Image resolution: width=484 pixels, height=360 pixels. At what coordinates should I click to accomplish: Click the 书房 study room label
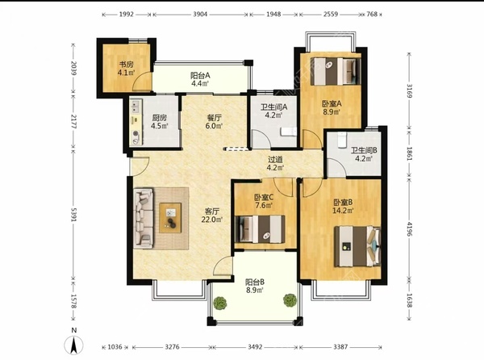[x=127, y=65]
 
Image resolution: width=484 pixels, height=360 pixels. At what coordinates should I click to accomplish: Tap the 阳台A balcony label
[x=200, y=75]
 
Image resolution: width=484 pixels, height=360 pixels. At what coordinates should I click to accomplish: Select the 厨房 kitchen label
[x=159, y=118]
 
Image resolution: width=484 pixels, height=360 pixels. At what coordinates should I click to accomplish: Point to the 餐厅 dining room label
[x=215, y=118]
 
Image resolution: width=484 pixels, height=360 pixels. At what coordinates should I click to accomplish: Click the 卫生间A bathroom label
[x=273, y=107]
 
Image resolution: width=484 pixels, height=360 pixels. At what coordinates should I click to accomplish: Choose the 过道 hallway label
[x=275, y=160]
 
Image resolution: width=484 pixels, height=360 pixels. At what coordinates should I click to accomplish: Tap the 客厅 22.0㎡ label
[x=212, y=216]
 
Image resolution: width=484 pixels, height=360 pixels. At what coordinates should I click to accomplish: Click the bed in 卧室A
[x=336, y=71]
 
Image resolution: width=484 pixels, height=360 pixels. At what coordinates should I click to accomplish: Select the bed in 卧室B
[x=357, y=246]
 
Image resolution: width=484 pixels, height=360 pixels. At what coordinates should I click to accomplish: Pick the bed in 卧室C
[x=260, y=228]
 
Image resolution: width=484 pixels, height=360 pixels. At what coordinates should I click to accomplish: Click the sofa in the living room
[x=144, y=219]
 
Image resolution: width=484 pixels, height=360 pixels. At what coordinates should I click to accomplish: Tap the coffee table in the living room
[x=170, y=218]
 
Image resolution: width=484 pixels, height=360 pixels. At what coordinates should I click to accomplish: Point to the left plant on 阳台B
[x=220, y=303]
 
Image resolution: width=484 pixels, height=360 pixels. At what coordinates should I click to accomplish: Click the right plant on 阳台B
[x=290, y=300]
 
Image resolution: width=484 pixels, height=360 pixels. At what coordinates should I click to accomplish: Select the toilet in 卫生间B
[x=341, y=140]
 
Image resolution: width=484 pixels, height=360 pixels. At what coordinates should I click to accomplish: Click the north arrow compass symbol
[x=73, y=345]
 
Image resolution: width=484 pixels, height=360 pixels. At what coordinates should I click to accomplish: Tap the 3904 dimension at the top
[x=200, y=15]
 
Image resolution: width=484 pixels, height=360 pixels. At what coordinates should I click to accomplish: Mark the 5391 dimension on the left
[x=73, y=214]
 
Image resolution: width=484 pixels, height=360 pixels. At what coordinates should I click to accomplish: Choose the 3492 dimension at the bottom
[x=255, y=347]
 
